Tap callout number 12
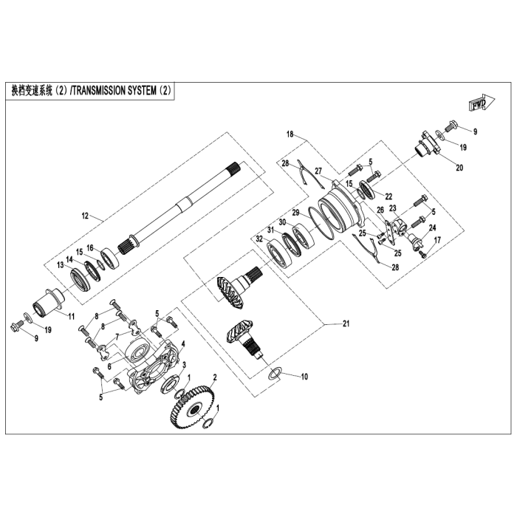pyautogui.click(x=85, y=216)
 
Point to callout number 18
pyautogui.click(x=290, y=134)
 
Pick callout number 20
pyautogui.click(x=459, y=168)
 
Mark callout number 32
pyautogui.click(x=258, y=239)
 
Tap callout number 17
pyautogui.click(x=436, y=239)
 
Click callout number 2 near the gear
pyautogui.click(x=214, y=377)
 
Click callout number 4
pyautogui.click(x=183, y=344)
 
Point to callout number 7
pyautogui.click(x=116, y=336)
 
